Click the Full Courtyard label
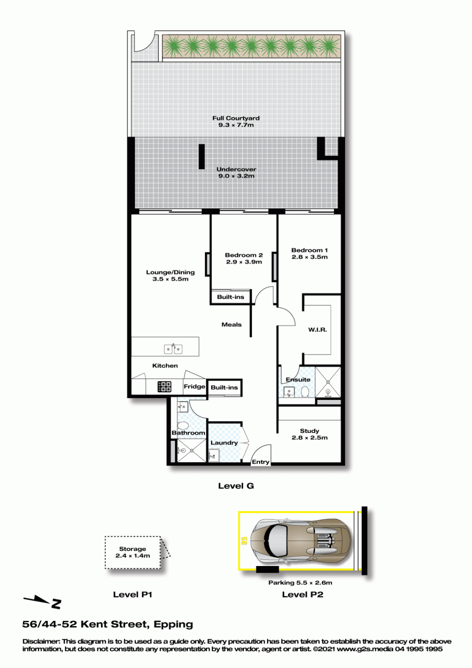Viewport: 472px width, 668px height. [236, 118]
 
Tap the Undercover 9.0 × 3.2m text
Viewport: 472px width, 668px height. [236, 172]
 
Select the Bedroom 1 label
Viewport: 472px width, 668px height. [310, 250]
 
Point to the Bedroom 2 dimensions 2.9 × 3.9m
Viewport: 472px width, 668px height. [244, 262]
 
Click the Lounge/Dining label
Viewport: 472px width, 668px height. [170, 272]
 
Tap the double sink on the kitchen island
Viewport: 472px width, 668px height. [173, 348]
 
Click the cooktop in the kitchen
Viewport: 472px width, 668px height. [165, 387]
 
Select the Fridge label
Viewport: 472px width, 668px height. [194, 387]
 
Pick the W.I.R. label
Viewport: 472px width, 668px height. [318, 330]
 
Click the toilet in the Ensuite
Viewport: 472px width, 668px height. [305, 392]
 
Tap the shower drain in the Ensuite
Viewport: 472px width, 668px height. [328, 381]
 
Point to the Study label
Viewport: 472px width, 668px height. [310, 431]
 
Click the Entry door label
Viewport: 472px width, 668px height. [261, 462]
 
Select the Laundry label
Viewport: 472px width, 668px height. [224, 443]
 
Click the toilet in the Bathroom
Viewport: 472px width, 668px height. [182, 425]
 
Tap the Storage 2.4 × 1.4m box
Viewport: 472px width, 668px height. [133, 552]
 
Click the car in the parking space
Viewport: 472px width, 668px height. [301, 541]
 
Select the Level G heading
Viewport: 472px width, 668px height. [236, 486]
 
